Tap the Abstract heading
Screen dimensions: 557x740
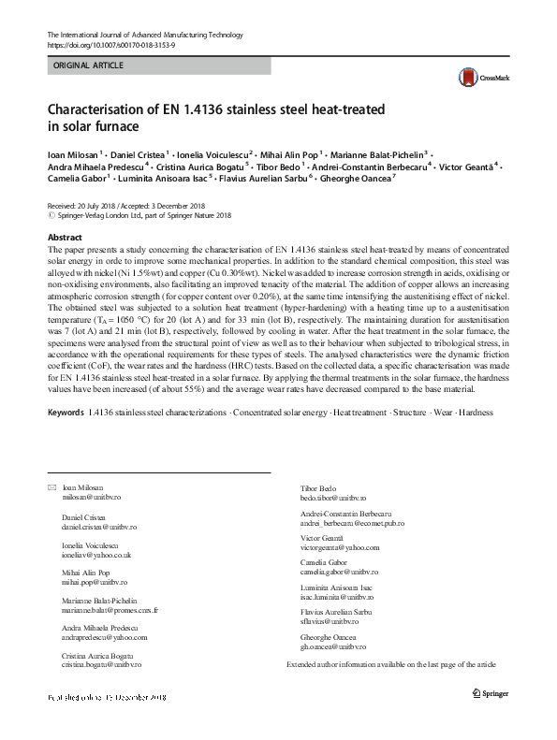65,239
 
